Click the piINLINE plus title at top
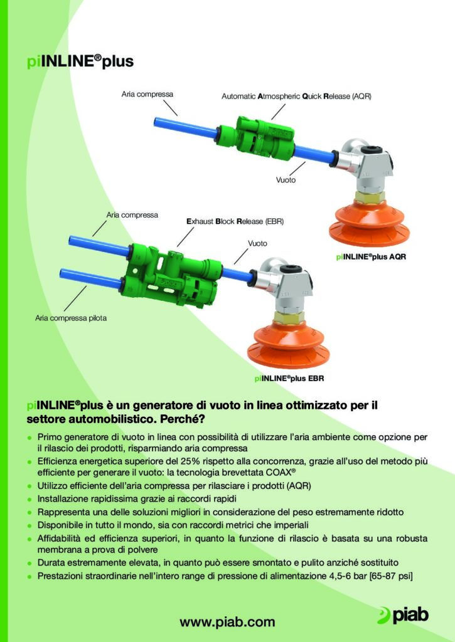80,61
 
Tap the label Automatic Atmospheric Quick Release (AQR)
296,96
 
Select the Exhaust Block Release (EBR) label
235,221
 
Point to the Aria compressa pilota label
71,318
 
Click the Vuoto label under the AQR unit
286,180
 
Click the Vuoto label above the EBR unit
257,243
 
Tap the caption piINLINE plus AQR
371,256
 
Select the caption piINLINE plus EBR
289,378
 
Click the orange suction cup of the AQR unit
369,223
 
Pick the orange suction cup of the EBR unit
288,345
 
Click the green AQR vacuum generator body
255,137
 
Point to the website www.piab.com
227,622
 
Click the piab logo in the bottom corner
403,616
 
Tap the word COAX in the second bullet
281,473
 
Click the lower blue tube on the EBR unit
90,279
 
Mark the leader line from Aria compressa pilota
75,298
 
